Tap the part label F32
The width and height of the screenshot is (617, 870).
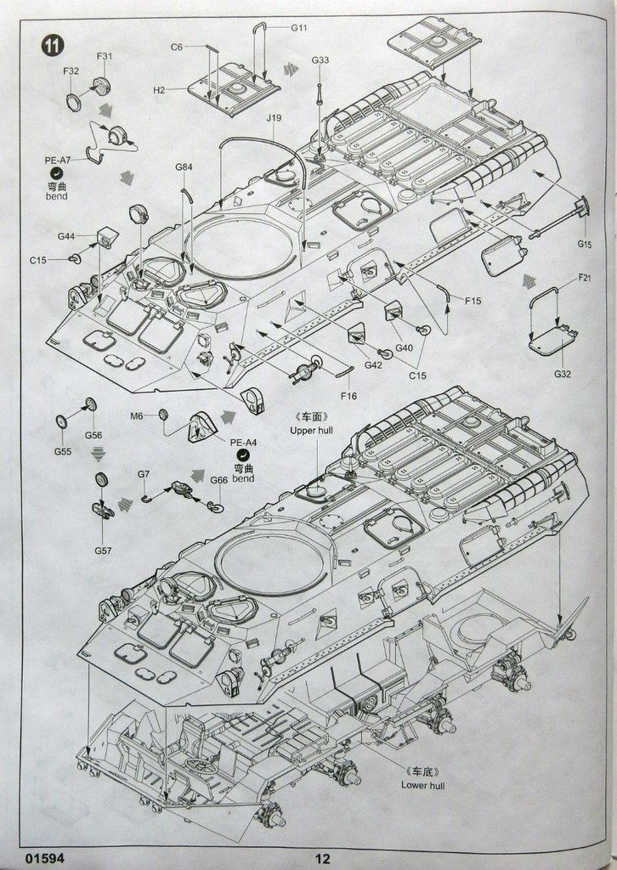pos(71,71)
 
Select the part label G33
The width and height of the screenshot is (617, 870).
pos(320,60)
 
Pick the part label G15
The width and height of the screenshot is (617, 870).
pos(585,244)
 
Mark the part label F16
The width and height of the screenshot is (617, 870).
pos(348,395)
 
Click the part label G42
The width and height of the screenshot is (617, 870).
pos(373,364)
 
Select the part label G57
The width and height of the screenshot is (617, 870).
pos(103,550)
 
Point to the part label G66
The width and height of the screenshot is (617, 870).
pos(218,480)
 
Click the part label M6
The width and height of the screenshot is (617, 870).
pos(137,415)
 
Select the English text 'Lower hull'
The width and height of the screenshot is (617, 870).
pos(422,785)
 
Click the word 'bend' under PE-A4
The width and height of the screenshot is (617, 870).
pos(244,478)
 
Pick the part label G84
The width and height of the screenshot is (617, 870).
pos(184,167)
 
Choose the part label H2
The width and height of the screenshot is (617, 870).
pos(159,90)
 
